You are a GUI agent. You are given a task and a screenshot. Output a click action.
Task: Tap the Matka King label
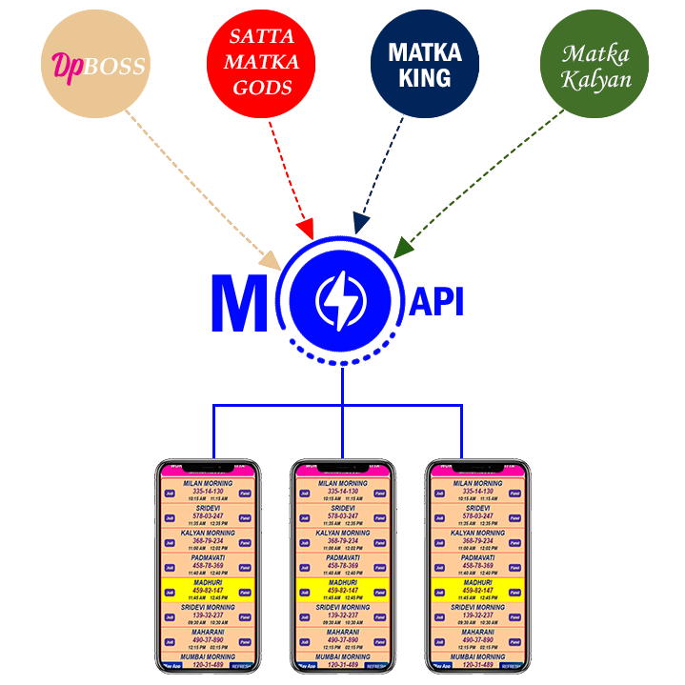425,64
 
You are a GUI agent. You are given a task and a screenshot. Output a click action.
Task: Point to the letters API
435,302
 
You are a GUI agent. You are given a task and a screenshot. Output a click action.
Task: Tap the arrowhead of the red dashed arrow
305,230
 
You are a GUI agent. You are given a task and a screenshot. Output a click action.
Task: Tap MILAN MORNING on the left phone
207,483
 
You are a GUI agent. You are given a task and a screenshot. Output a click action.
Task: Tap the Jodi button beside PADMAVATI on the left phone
171,568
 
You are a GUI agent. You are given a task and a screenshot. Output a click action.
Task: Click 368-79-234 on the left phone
207,541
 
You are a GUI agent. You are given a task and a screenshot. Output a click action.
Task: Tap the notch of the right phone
477,467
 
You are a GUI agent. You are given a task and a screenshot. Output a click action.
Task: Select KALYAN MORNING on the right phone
477,533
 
